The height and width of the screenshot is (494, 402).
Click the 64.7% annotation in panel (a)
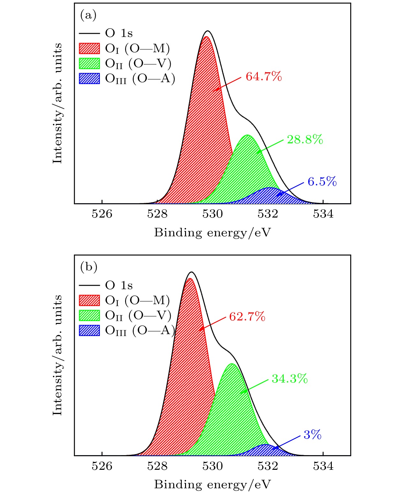pos(264,77)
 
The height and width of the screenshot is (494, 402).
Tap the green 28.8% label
pos(305,140)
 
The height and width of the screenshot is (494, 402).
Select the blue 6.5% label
pos(322,182)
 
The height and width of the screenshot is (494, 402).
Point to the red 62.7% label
pos(247,317)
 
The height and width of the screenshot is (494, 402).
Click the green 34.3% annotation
pos(289,378)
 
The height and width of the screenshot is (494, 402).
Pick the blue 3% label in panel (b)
pos(312,435)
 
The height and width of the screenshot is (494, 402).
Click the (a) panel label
pos(88,15)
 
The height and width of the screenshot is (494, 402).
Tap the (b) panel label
pos(88,267)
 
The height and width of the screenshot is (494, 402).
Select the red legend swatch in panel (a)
pos(89,48)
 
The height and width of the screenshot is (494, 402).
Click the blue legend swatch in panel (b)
pos(89,330)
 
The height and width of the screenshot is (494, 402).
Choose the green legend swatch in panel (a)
pos(89,63)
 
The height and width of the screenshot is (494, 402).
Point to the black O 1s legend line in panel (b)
pos(89,285)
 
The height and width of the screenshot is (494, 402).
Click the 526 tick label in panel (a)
pos(102,214)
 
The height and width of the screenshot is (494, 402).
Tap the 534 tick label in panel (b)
pos(323,466)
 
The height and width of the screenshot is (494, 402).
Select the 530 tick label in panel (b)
pos(212,466)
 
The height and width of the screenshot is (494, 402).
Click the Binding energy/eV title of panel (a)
pos(212,233)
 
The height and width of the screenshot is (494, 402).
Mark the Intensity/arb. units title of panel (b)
pos(57,355)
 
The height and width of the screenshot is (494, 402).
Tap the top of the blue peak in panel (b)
pos(265,445)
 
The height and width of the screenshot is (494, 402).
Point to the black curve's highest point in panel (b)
pos(191,272)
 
